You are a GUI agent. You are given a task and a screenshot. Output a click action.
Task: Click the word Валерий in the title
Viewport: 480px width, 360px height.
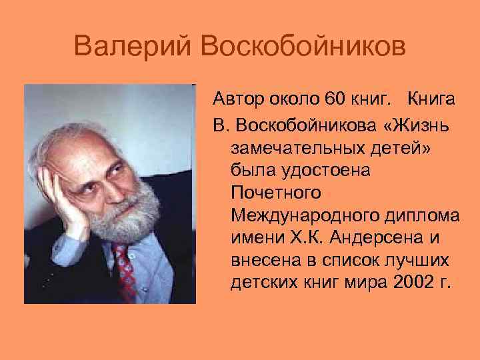(x=131, y=48)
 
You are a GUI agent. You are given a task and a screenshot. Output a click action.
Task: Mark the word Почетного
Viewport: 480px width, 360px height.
(x=276, y=193)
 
